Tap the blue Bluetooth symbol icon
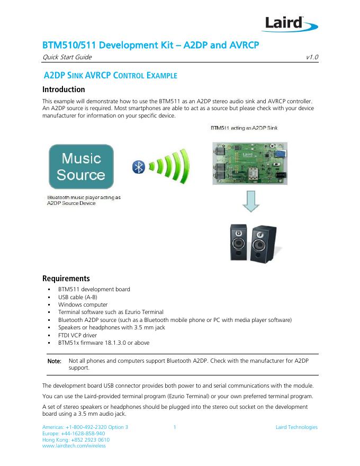tap(139, 167)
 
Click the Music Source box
tap(81, 166)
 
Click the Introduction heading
tap(63, 89)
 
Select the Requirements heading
tap(66, 279)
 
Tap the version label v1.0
tap(312, 57)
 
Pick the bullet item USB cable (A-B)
tap(78, 297)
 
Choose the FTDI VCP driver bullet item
tap(80, 335)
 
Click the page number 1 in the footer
tap(175, 427)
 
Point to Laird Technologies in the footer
tap(296, 427)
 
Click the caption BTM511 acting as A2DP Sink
tap(244, 128)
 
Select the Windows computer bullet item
tap(83, 304)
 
